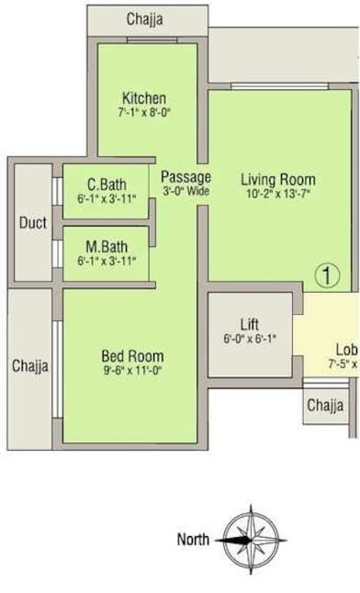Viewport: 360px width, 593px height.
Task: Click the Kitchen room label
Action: [x=144, y=98]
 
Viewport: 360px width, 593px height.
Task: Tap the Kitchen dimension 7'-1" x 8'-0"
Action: [x=144, y=114]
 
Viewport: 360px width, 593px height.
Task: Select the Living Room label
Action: [x=279, y=179]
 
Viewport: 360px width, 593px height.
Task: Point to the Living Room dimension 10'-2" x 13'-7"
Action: [x=279, y=195]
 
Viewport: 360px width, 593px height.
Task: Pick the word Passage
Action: [x=186, y=176]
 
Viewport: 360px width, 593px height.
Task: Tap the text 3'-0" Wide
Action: [x=186, y=192]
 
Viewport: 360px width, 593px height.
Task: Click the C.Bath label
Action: [x=106, y=182]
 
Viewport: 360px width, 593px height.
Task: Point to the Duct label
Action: [x=33, y=223]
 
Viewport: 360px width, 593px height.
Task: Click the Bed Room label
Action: [x=132, y=356]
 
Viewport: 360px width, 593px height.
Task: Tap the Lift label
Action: [x=250, y=324]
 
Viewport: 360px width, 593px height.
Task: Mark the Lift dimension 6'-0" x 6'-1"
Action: [x=250, y=339]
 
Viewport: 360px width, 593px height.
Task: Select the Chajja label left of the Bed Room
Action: [x=30, y=365]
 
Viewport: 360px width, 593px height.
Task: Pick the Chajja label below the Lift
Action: [x=325, y=405]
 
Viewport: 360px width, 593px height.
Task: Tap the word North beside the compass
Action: [x=194, y=540]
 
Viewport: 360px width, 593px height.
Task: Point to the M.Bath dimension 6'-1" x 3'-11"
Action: [x=107, y=262]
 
